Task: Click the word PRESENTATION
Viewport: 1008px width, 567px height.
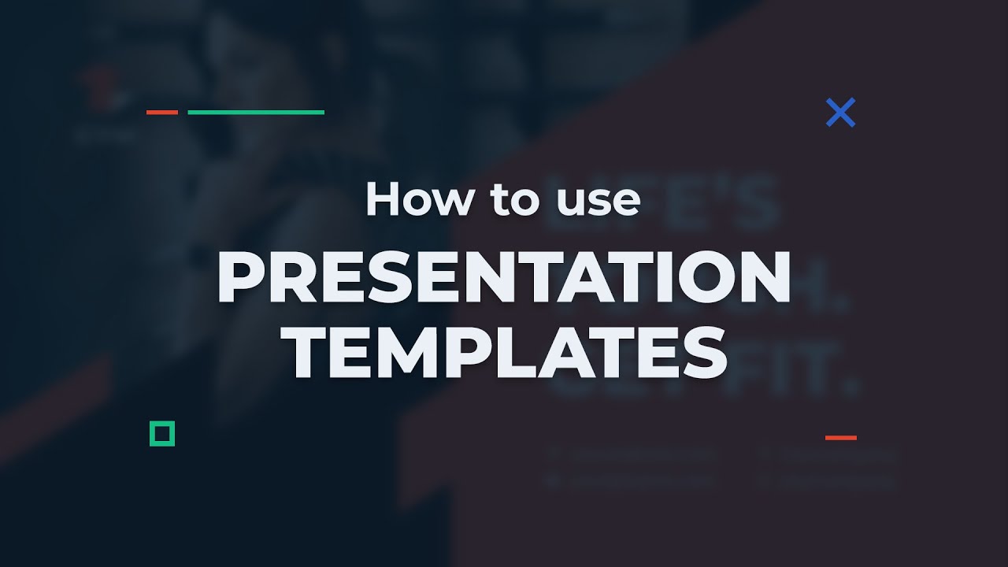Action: click(504, 279)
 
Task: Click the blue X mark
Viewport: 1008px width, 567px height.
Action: click(840, 113)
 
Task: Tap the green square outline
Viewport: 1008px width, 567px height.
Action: click(162, 433)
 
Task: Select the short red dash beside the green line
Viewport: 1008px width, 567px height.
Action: click(162, 113)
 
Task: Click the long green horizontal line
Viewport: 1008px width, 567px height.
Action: click(256, 113)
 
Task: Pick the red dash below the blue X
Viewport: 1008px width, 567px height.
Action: click(840, 437)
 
